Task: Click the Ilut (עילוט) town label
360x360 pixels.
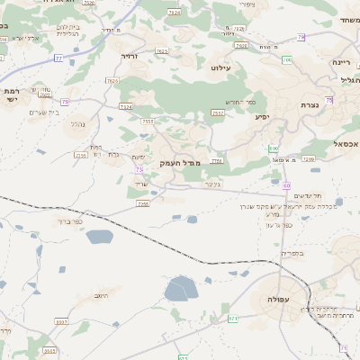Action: tap(221, 67)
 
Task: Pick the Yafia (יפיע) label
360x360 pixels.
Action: tap(262, 116)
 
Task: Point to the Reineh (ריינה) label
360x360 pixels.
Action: tap(339, 62)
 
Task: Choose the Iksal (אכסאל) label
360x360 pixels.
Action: tap(344, 143)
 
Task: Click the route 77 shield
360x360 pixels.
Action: tap(58, 58)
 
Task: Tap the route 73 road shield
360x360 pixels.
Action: tap(139, 168)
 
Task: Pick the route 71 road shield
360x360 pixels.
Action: tap(344, 346)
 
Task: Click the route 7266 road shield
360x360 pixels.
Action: tap(142, 204)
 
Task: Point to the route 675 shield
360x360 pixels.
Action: tap(233, 318)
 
